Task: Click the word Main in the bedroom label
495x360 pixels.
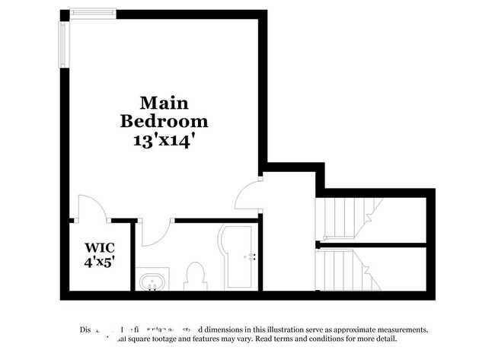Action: click(164, 103)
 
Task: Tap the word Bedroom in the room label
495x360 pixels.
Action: click(164, 120)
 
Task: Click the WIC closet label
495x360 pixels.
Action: click(99, 247)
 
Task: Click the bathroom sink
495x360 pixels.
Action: click(152, 281)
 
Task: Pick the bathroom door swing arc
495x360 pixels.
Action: click(156, 232)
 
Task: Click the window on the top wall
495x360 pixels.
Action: click(92, 12)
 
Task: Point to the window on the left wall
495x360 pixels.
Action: click(64, 43)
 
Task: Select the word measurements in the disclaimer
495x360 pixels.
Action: click(396, 330)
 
